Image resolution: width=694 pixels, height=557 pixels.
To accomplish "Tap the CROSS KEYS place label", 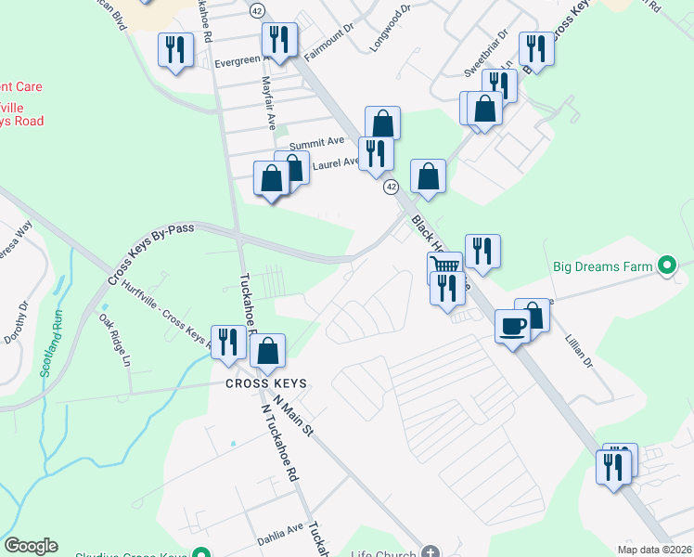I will (x=264, y=383).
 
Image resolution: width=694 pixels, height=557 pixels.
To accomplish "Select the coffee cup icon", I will (x=512, y=326).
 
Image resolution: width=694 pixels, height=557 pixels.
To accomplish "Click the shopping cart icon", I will (x=445, y=266).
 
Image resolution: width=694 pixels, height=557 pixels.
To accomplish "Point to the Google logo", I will (x=31, y=546).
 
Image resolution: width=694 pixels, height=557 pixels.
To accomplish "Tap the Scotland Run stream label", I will (x=53, y=342).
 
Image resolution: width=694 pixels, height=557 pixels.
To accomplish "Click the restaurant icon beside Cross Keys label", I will (x=228, y=343).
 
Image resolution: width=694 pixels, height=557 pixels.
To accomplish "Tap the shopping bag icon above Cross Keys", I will (x=267, y=351).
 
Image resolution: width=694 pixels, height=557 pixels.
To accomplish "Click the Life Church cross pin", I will (x=429, y=551).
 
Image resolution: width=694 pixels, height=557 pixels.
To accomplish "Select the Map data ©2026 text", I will (x=654, y=550).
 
